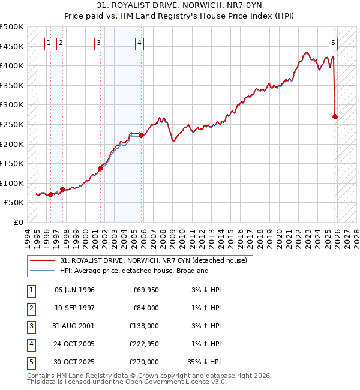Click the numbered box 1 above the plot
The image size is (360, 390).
click(50, 43)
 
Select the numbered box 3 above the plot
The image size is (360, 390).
click(98, 43)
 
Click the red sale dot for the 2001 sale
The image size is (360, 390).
click(100, 168)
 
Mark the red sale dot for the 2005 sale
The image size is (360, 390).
click(141, 135)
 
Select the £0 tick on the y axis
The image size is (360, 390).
click(18, 222)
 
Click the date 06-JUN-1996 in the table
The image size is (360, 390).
click(74, 290)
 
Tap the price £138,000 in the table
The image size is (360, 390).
click(145, 326)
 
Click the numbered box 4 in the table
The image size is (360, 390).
click(30, 344)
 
